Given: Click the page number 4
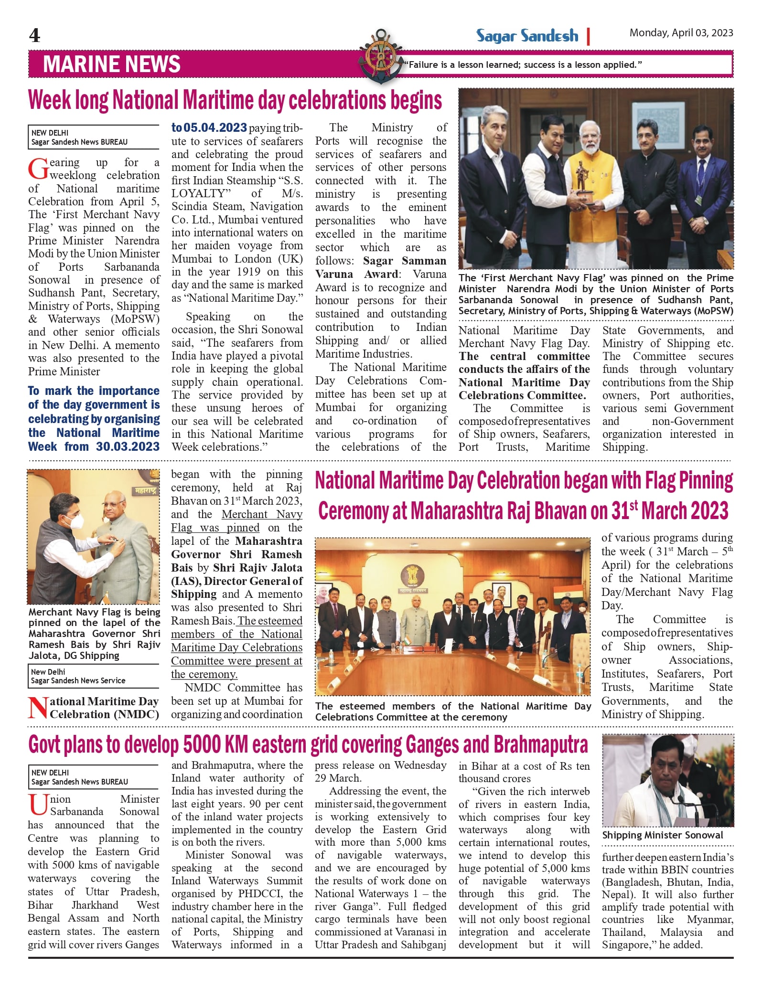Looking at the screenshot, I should click(34, 36).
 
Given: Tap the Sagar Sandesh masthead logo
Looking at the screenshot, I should click(527, 36).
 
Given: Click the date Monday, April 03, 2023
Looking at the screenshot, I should click(681, 33).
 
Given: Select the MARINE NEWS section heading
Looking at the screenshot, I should click(112, 64).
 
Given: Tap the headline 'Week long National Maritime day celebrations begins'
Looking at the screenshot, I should click(235, 101).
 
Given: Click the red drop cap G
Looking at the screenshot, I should click(38, 169).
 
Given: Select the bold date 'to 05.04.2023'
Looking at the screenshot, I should click(209, 128).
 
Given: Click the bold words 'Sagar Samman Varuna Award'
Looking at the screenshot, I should click(381, 267).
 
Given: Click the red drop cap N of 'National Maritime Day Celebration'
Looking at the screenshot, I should click(38, 708).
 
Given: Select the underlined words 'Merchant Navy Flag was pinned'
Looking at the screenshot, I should click(237, 521).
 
